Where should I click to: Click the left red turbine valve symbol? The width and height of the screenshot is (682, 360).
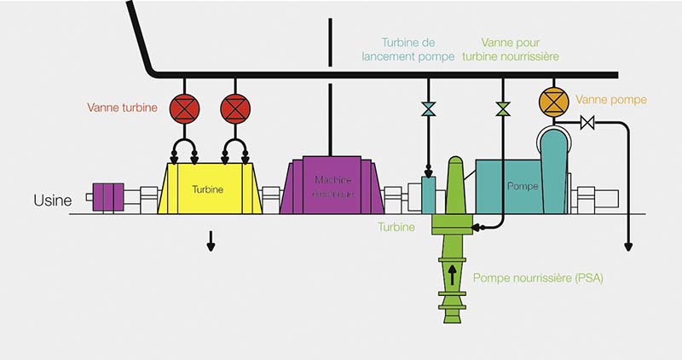coord(183,109)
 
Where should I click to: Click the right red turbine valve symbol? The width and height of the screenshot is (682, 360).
coord(234,109)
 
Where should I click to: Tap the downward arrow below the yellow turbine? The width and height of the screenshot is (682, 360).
coord(211,244)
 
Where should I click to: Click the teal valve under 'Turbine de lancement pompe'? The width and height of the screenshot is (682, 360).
coord(429,109)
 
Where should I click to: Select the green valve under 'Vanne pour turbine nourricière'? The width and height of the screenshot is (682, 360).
coord(503,109)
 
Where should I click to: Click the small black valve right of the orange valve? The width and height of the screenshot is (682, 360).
coord(586,123)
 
